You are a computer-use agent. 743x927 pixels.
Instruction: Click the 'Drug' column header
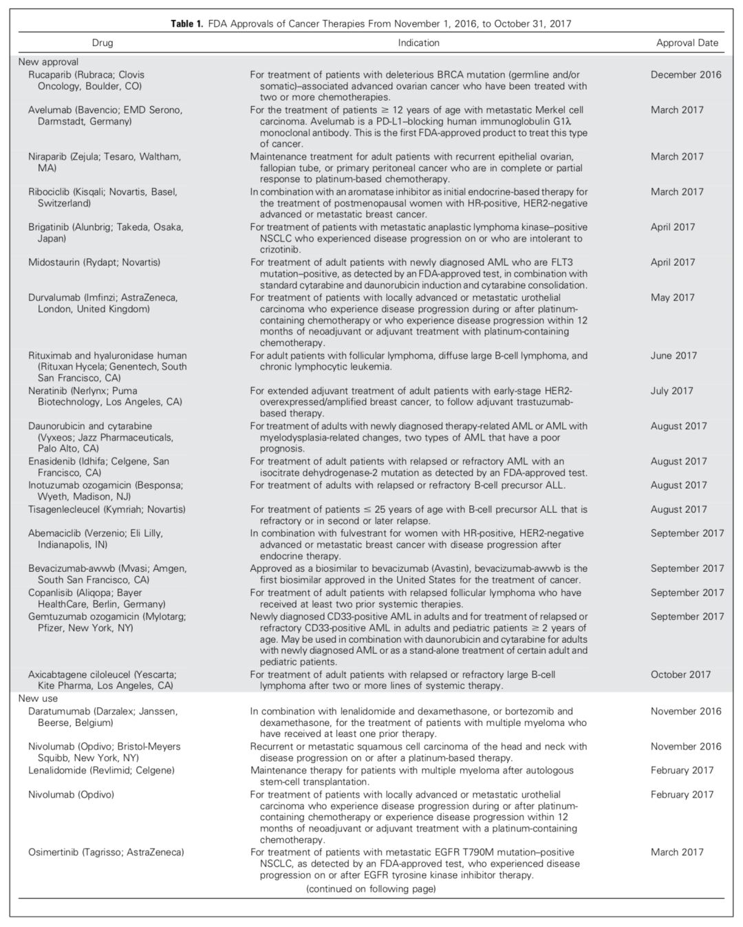(102, 43)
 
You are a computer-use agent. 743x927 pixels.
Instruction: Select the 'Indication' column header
(418, 43)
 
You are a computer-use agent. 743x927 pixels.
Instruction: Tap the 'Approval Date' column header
(687, 43)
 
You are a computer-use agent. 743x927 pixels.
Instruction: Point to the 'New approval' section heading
(48, 62)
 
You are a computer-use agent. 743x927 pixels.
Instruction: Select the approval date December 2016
(686, 74)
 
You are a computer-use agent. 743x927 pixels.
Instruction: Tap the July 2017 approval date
(672, 391)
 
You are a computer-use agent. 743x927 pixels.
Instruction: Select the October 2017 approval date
(680, 674)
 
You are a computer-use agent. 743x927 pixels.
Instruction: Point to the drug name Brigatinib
(49, 227)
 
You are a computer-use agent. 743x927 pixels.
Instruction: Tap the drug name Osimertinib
(53, 852)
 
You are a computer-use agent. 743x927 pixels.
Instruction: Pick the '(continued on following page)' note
(371, 888)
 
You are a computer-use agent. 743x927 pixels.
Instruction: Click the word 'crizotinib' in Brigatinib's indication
(282, 250)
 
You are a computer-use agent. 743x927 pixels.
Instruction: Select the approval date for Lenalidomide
(682, 770)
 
